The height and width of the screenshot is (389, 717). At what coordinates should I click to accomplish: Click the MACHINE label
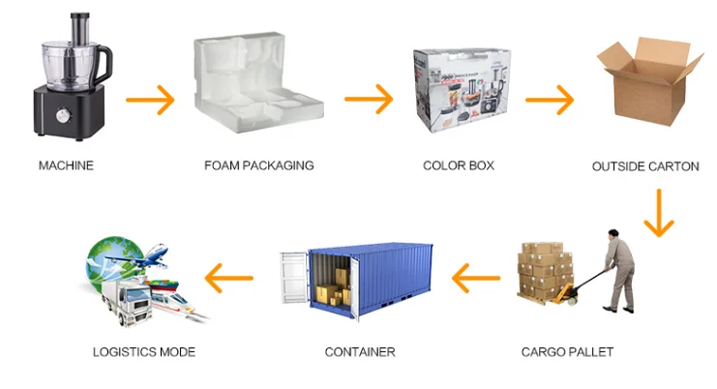[x=66, y=165]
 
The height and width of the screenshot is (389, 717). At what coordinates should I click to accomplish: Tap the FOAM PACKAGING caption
[x=258, y=165]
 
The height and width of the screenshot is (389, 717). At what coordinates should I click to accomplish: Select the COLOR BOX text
[x=459, y=165]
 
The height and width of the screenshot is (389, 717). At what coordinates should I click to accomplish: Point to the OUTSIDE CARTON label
[x=645, y=166]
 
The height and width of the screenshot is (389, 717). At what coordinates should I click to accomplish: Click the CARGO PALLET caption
[x=567, y=351]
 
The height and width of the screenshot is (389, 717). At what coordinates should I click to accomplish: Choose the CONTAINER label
[x=360, y=351]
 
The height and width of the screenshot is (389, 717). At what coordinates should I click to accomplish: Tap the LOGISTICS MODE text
[x=143, y=351]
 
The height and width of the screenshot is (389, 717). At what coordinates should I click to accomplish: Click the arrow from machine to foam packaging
[x=150, y=99]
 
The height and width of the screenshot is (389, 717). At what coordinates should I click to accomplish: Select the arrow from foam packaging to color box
[x=369, y=99]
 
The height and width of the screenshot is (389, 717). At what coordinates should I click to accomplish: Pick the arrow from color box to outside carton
[x=549, y=99]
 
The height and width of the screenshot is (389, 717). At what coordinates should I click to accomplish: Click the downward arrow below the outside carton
[x=658, y=213]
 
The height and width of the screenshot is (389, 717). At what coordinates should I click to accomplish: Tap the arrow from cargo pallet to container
[x=476, y=280]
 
